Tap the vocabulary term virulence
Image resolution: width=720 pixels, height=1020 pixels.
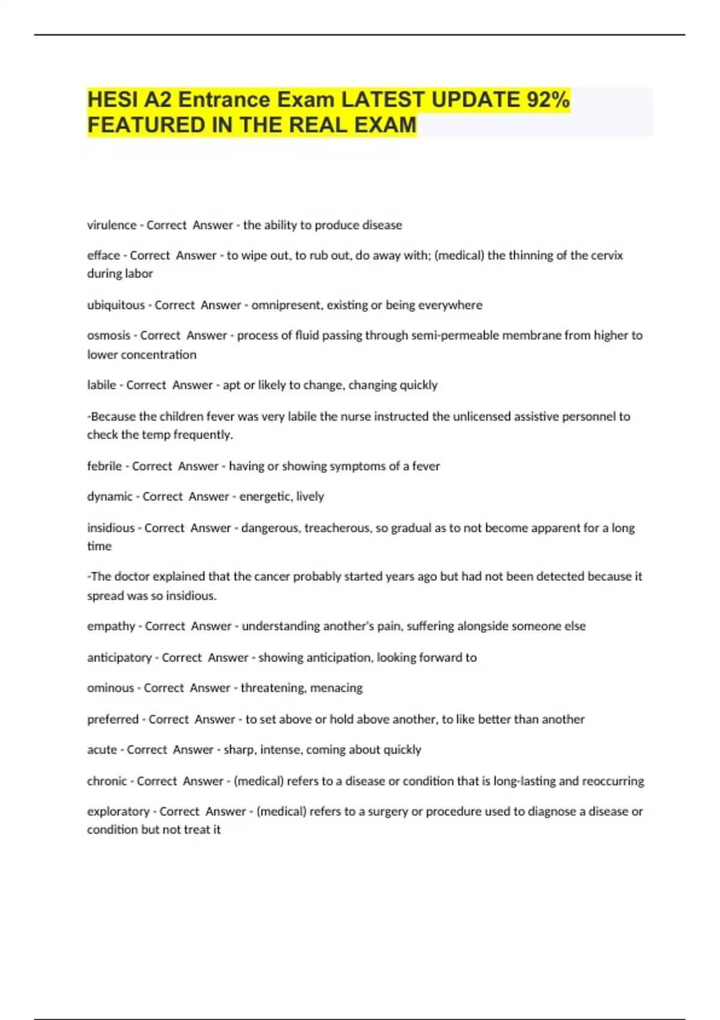[x=112, y=225]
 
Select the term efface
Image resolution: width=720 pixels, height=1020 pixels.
[x=103, y=256]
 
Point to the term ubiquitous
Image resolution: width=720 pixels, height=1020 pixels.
[x=116, y=305]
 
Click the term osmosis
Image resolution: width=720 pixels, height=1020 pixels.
[x=109, y=335]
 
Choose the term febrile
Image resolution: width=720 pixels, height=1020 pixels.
[x=104, y=466]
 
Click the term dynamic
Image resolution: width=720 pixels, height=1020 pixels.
[x=110, y=497]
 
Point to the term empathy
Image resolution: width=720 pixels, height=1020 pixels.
[x=111, y=626]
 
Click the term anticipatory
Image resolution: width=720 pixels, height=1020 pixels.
[x=119, y=658]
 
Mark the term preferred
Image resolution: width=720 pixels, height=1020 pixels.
[x=113, y=719]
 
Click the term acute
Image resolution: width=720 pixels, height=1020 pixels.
[x=102, y=750]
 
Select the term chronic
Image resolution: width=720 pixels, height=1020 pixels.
[x=107, y=781]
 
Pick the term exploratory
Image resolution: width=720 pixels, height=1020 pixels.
[x=118, y=811]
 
